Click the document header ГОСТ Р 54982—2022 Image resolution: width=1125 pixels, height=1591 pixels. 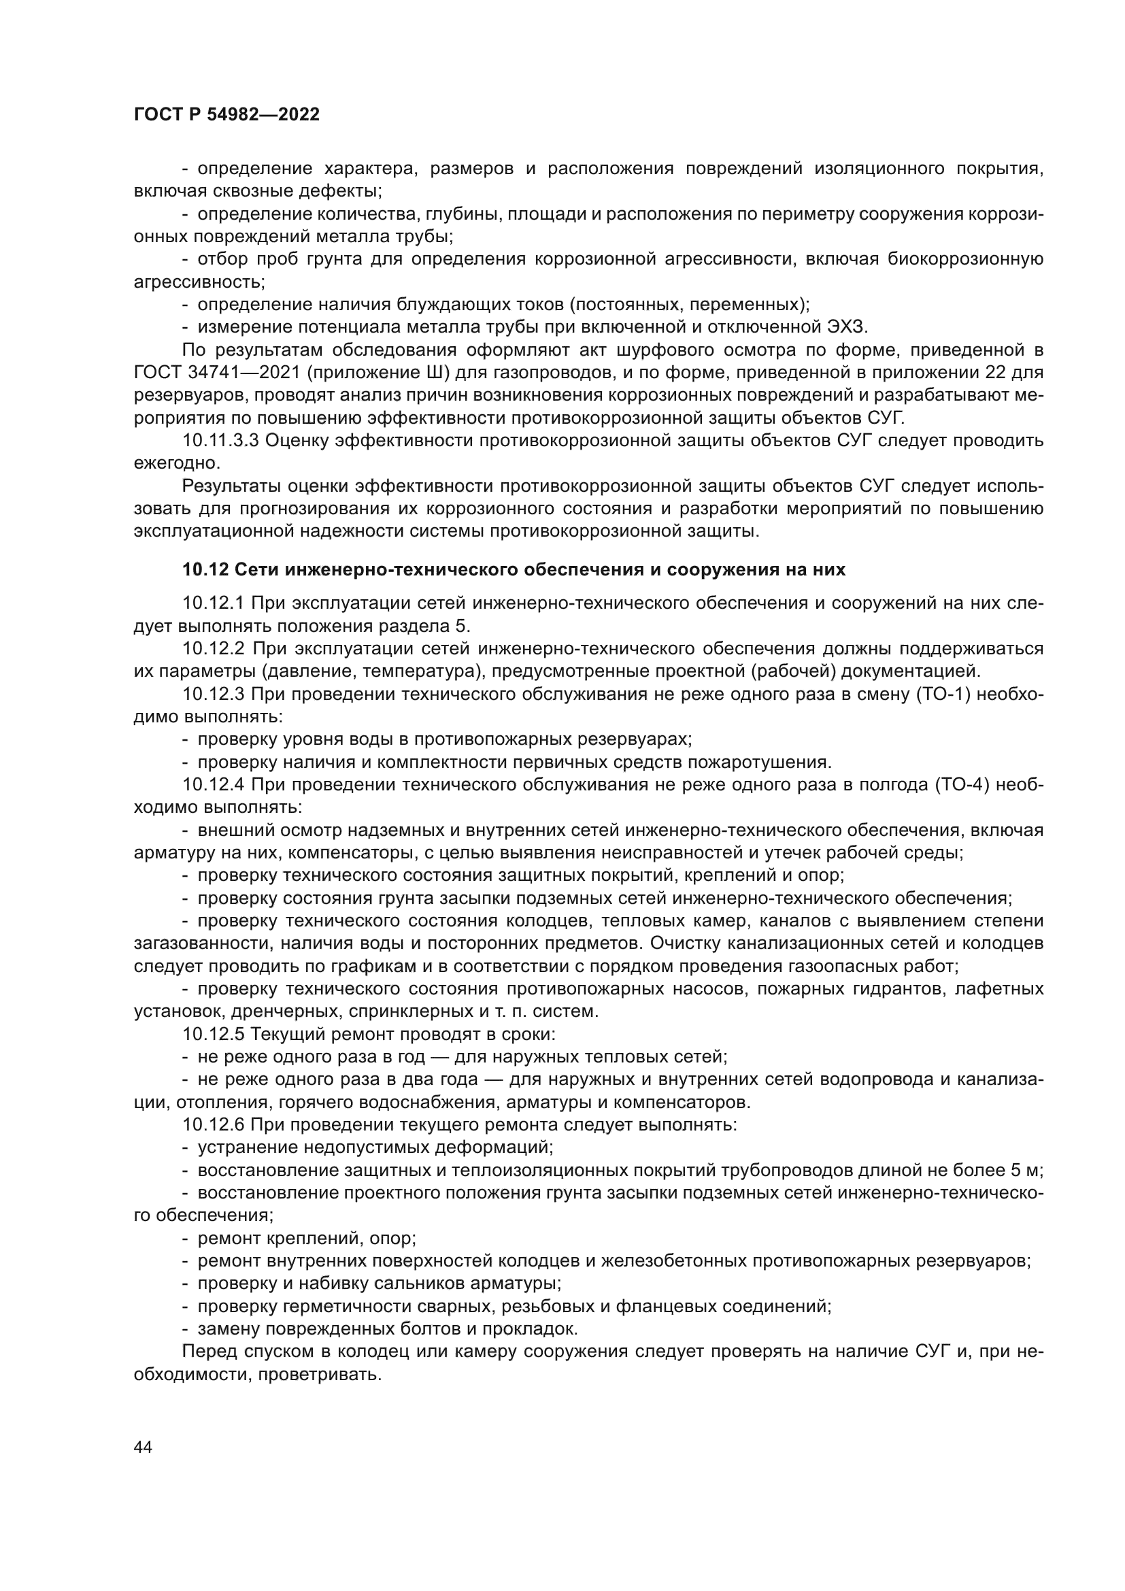click(x=226, y=115)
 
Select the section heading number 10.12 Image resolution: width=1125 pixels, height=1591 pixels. click(x=205, y=569)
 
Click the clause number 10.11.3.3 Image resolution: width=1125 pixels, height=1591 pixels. click(x=220, y=441)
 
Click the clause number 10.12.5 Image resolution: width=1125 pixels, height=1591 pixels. click(x=214, y=1035)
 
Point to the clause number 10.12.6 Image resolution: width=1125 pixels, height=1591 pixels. click(x=214, y=1125)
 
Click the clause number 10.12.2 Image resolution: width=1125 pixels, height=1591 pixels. click(x=214, y=649)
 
